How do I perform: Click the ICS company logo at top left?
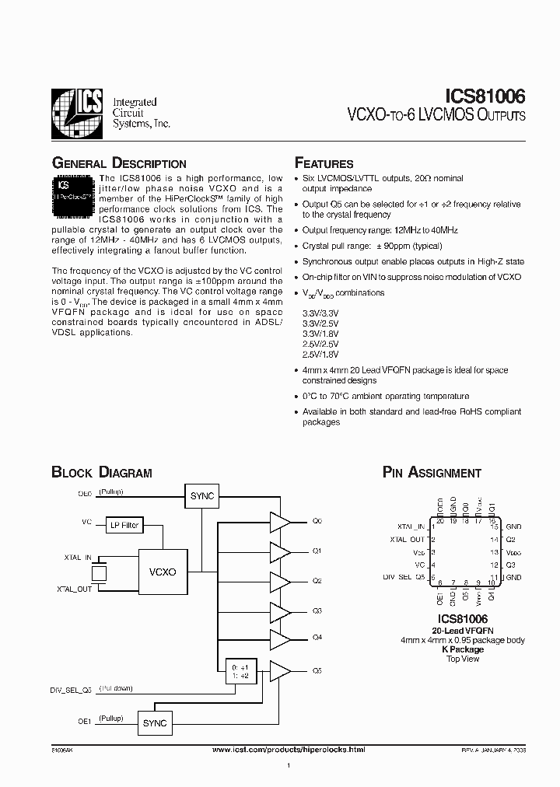click(76, 114)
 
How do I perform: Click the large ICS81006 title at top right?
click(485, 96)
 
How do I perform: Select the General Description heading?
click(118, 164)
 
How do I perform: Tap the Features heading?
click(324, 164)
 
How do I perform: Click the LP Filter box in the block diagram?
click(123, 526)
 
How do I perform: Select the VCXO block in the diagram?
click(163, 572)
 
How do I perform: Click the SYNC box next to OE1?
click(155, 722)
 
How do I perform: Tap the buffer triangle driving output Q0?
click(279, 521)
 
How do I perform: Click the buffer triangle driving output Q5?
click(279, 670)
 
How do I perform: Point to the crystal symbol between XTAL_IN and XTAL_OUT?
click(99, 573)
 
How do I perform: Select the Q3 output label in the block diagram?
click(317, 611)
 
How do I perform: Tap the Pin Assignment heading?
click(432, 473)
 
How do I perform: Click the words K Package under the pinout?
click(463, 649)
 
